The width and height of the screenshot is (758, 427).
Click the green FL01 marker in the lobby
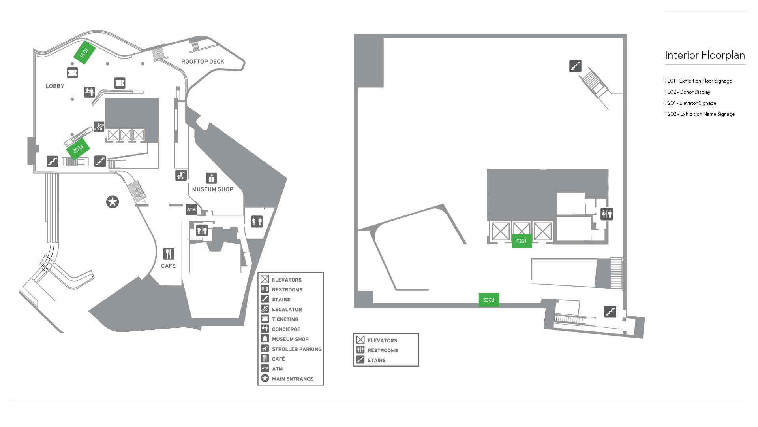coord(84,53)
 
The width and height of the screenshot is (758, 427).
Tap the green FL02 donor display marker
coord(78,149)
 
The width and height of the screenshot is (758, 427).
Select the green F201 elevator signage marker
coord(522,241)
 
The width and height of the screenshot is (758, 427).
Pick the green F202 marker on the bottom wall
coord(489,300)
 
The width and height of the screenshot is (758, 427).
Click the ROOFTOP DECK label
coord(203,62)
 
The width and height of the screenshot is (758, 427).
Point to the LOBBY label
coord(55,86)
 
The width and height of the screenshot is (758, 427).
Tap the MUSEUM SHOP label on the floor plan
coord(212,189)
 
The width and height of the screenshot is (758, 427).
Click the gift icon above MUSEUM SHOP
coord(212,178)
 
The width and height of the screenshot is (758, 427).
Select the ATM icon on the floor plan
coord(191,210)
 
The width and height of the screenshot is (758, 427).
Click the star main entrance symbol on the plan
coord(113,202)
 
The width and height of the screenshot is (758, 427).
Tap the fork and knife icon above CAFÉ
coord(169,254)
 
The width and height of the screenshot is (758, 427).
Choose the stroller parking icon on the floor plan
coord(181,175)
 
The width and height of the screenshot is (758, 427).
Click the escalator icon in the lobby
coord(99,127)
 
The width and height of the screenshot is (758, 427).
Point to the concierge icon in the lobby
coord(90,92)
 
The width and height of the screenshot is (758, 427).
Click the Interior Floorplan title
coord(705,55)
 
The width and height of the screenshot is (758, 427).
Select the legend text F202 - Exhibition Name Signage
coord(700,114)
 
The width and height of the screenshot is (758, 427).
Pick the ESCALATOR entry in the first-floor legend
coord(287,310)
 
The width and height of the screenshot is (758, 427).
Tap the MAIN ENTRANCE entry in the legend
coord(292,379)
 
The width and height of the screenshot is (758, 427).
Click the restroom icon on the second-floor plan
coord(606,214)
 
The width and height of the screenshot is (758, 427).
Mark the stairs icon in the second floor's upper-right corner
coord(575,66)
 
